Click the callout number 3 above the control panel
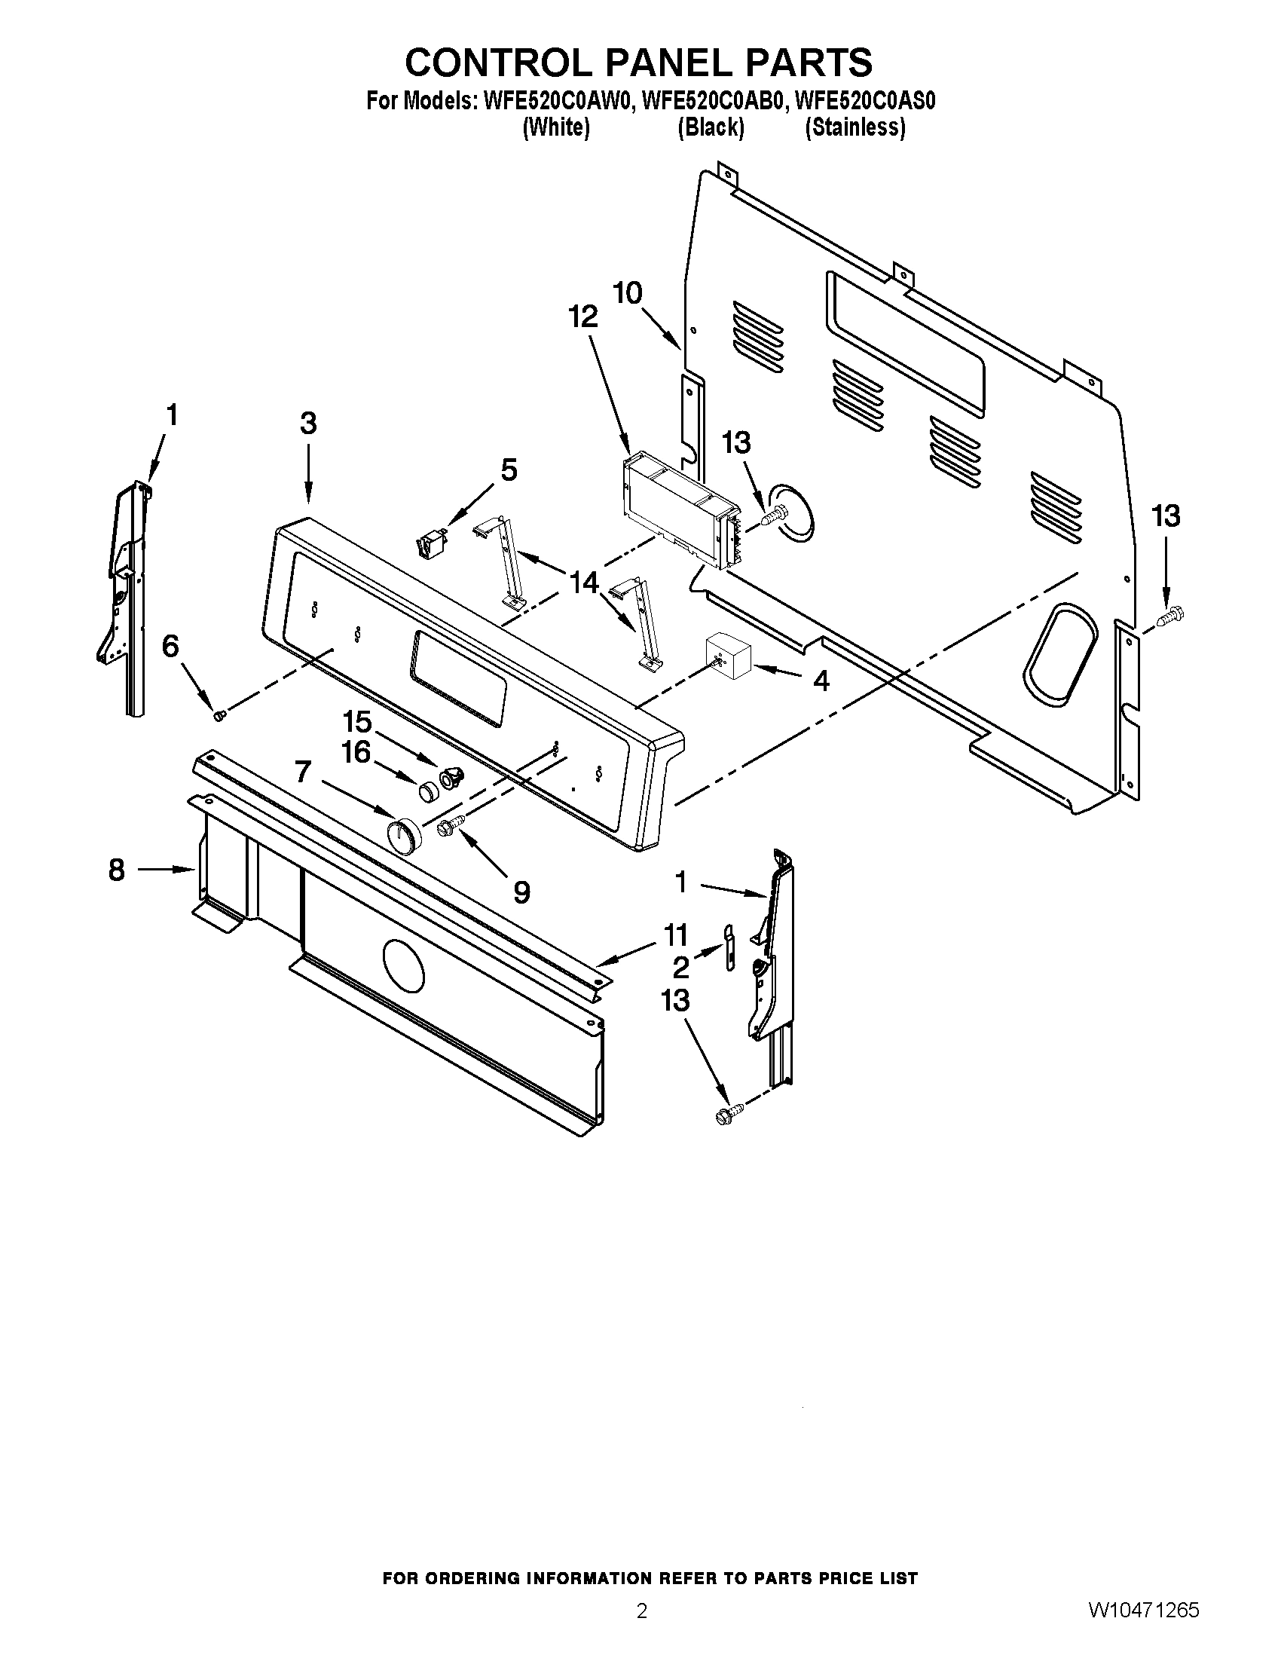pos(307,423)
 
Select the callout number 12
pos(582,317)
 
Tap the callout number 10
pos(628,292)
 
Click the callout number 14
pos(583,583)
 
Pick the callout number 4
pos(821,681)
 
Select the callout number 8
pos(116,870)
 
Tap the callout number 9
pos(521,892)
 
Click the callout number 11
pos(675,935)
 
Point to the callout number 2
pos(680,967)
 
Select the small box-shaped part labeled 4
pos(729,653)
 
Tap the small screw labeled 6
pos(219,715)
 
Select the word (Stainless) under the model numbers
pos(855,127)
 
